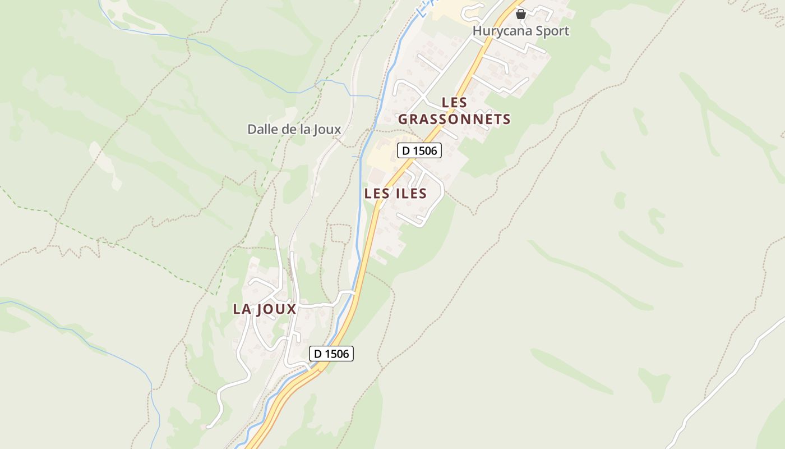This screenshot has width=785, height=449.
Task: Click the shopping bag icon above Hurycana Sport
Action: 520,14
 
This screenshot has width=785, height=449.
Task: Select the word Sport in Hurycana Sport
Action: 552,31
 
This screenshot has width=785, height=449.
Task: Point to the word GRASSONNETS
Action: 454,119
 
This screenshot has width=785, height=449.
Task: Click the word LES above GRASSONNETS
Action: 454,103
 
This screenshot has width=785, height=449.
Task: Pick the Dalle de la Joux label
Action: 294,129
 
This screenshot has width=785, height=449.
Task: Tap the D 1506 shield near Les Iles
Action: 419,150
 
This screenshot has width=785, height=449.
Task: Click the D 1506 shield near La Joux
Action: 331,354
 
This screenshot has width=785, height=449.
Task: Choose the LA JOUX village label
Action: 264,309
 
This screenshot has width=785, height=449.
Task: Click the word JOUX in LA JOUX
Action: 276,309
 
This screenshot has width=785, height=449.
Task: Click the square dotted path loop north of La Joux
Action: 340,233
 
